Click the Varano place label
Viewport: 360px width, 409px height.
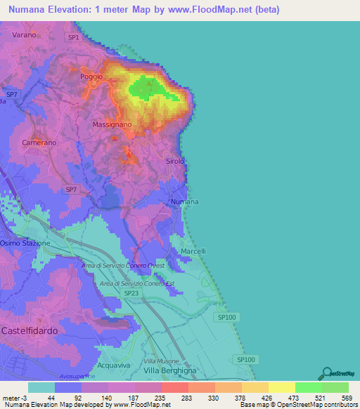point(24,34)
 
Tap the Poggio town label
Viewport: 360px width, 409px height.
point(91,76)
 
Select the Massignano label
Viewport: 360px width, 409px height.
point(112,124)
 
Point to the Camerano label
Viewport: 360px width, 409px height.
point(39,143)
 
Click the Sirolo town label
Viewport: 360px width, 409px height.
point(175,162)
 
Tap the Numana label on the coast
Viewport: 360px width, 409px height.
point(185,202)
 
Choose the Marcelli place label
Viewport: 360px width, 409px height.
point(193,251)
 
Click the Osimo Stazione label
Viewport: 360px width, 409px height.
point(25,243)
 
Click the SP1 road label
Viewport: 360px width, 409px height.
point(74,37)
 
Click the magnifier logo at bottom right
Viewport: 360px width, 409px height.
point(326,374)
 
